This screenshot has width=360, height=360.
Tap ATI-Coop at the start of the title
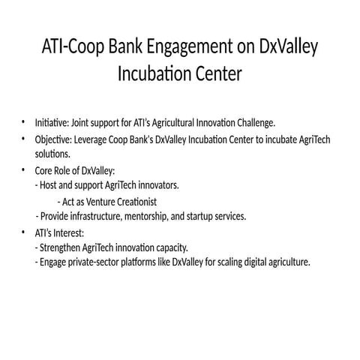click(68, 48)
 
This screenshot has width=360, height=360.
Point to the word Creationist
click(137, 201)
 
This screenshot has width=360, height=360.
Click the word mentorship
click(172, 217)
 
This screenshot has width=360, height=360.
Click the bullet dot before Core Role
click(23, 169)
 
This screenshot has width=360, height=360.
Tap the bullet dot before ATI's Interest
click(23, 232)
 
